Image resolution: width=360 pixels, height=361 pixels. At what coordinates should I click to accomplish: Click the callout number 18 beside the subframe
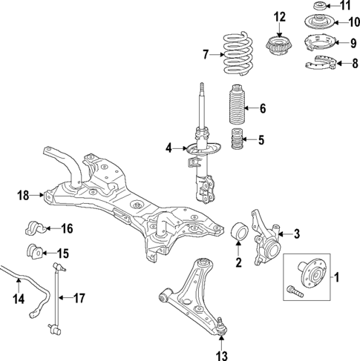tap(22, 196)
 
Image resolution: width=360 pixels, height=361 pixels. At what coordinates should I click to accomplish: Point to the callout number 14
tap(18, 299)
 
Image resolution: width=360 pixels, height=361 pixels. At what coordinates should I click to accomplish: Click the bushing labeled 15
tap(36, 251)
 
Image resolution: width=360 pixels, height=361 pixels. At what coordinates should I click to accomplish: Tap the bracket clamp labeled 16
tap(36, 228)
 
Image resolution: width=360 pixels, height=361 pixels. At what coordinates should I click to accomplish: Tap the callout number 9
tap(334, 43)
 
